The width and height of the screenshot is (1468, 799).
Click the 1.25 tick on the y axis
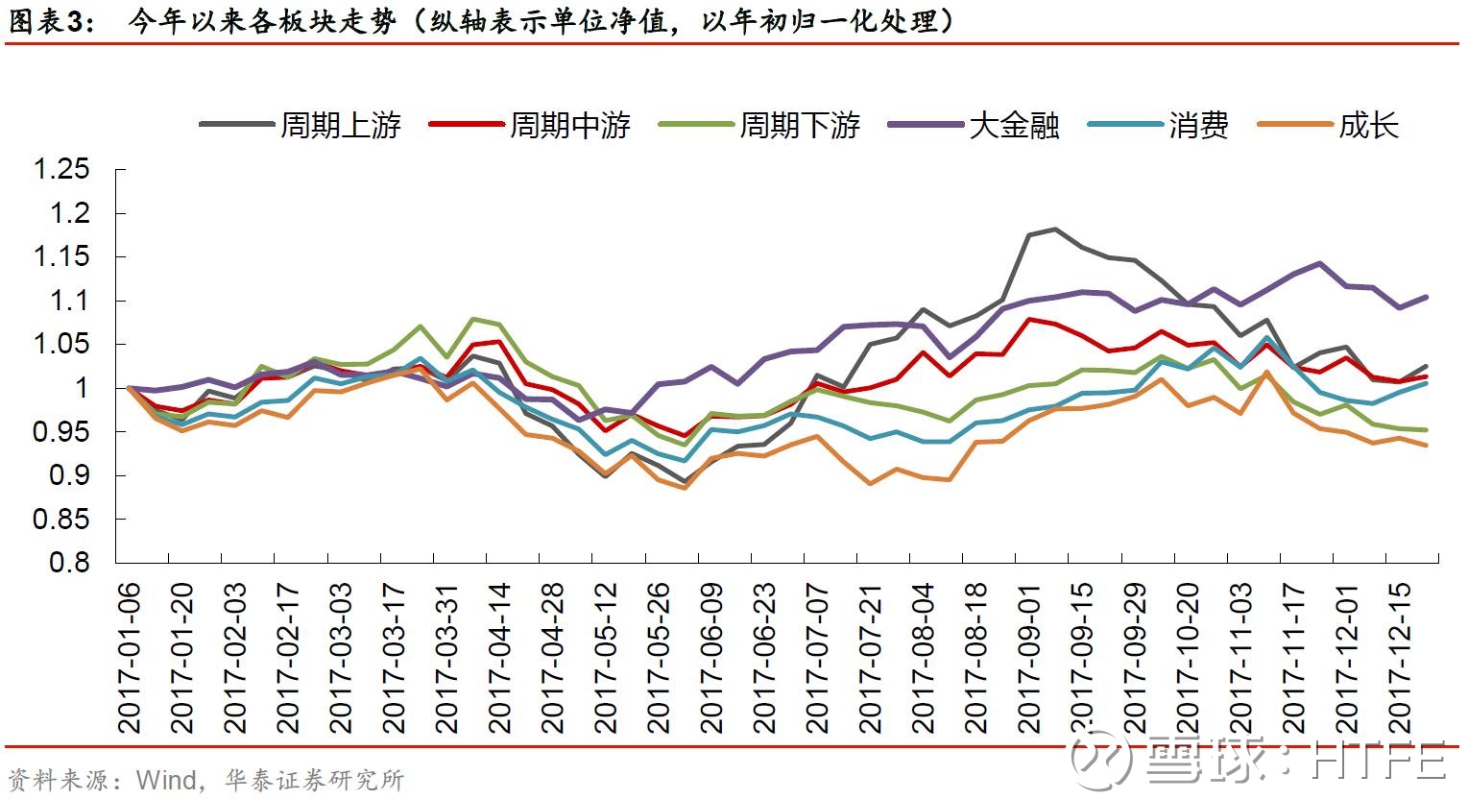(x=75, y=170)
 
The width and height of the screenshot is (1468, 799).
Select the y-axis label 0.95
(x=75, y=432)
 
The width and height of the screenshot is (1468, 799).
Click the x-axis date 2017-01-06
(x=129, y=658)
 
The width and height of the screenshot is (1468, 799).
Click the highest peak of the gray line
(x=1055, y=229)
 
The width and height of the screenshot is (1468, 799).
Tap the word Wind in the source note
(x=166, y=779)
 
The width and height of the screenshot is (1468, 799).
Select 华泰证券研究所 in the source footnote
(x=315, y=779)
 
